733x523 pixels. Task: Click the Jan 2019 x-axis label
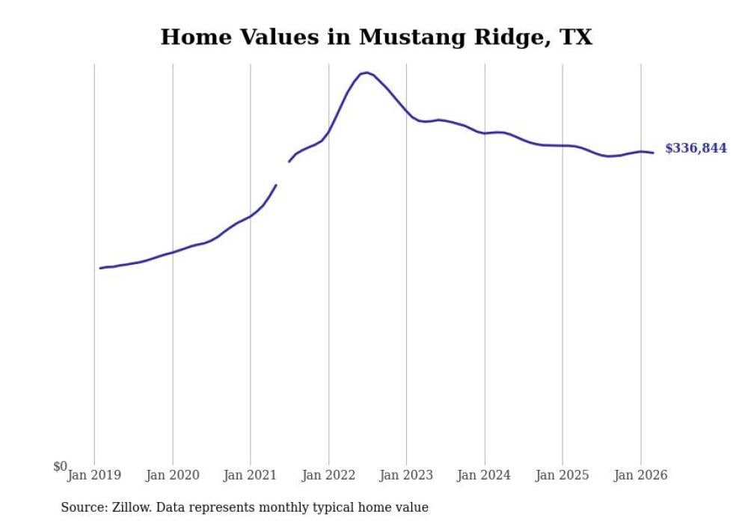tap(94, 475)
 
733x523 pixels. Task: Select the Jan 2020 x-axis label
tap(173, 475)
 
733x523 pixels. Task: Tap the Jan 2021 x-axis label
tap(251, 475)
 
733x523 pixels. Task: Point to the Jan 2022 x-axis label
tap(328, 475)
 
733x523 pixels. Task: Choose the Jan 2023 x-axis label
tap(406, 475)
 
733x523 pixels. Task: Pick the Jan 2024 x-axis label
tap(485, 475)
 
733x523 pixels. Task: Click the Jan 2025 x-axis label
tap(562, 475)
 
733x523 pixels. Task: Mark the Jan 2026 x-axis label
tap(640, 475)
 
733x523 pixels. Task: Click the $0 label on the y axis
tap(60, 467)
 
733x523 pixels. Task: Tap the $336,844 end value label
tap(696, 148)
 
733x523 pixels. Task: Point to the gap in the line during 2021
tap(283, 173)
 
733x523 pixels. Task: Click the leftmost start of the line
tap(100, 268)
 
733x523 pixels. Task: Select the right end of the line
tap(653, 153)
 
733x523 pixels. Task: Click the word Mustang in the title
tap(407, 37)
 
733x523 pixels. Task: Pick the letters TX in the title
tap(575, 37)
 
